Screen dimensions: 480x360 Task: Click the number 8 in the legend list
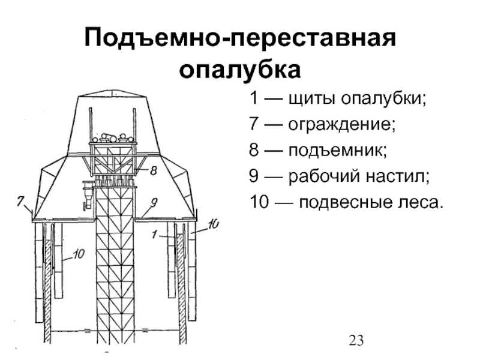[254, 151]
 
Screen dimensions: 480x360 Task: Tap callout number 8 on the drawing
[153, 170]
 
